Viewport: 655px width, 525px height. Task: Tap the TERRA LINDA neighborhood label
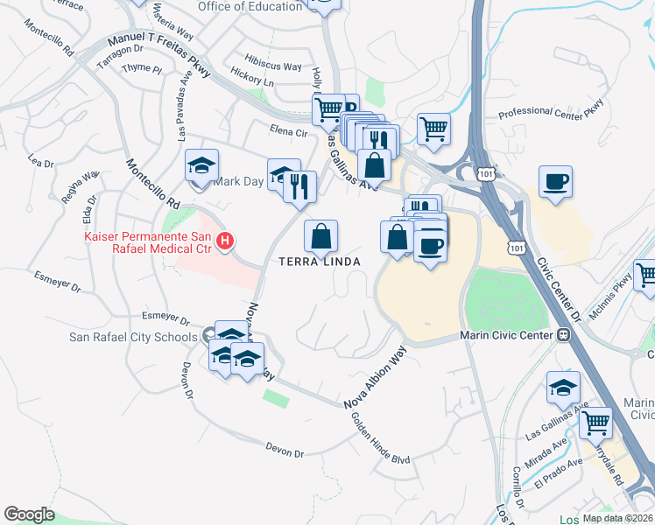(x=320, y=262)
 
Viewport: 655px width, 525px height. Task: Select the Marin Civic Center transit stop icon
(x=564, y=335)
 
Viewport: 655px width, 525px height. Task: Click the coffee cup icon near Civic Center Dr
(x=555, y=183)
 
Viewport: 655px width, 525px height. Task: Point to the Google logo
(x=29, y=514)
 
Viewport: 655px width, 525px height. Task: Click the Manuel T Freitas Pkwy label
(x=158, y=54)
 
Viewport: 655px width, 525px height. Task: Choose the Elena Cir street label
(x=289, y=133)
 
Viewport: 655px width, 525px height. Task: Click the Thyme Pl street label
(x=142, y=68)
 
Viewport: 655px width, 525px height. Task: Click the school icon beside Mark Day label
(x=201, y=166)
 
